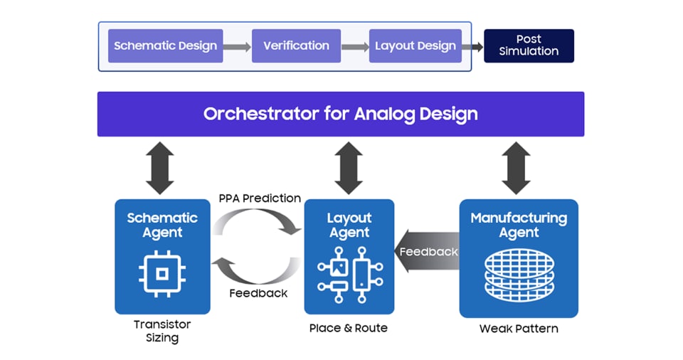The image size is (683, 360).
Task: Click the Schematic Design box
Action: tap(165, 46)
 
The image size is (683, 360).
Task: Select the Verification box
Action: tap(296, 46)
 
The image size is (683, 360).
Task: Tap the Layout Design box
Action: tap(415, 46)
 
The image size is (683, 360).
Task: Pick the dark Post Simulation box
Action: tap(529, 46)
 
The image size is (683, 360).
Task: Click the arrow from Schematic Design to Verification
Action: tap(238, 47)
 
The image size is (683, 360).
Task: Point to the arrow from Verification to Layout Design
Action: tap(355, 47)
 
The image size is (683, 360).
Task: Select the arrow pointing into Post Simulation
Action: tap(472, 47)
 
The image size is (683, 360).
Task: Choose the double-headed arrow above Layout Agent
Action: tap(349, 168)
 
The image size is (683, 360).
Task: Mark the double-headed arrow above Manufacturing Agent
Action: tap(516, 168)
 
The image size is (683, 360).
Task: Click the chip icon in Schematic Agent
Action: tap(162, 272)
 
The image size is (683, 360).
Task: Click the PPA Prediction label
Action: tap(260, 198)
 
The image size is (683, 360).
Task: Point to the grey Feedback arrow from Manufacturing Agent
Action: tap(427, 252)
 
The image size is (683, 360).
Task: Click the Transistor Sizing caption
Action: tap(162, 331)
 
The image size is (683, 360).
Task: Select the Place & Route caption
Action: tap(349, 328)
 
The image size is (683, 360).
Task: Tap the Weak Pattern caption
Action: tap(518, 329)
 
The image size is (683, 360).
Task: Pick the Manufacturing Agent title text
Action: tap(519, 225)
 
